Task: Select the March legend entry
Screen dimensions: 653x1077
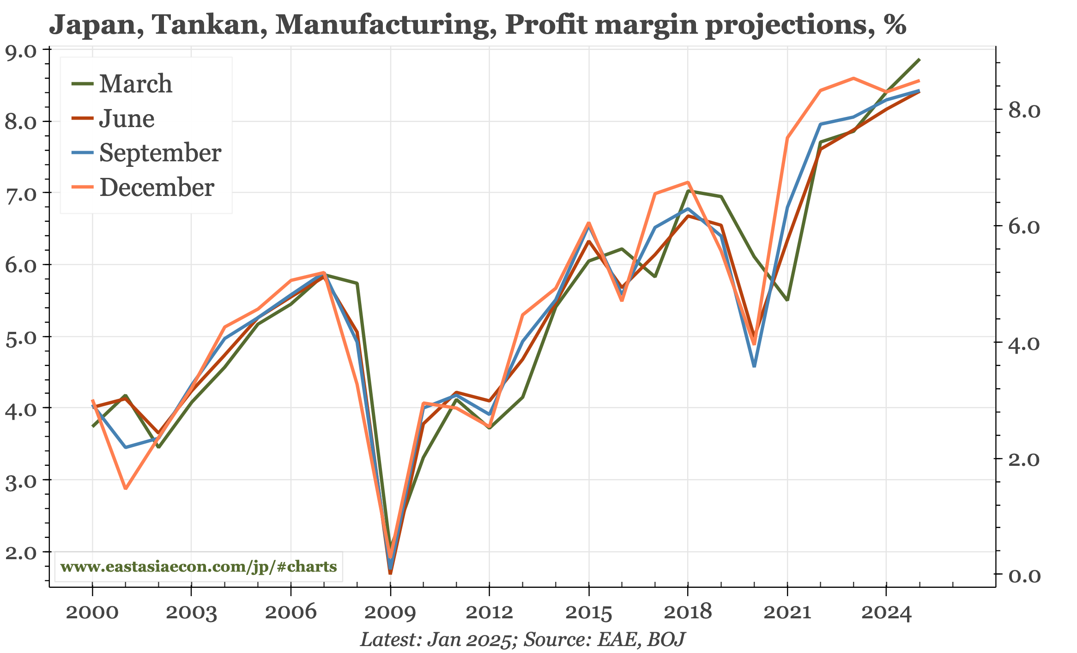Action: pyautogui.click(x=135, y=84)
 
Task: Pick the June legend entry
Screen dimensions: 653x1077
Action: pyautogui.click(x=127, y=119)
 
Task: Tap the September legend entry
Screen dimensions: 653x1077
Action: pyautogui.click(x=160, y=153)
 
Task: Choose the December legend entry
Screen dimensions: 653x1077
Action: pyautogui.click(x=157, y=188)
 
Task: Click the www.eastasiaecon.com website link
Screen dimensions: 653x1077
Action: pyautogui.click(x=199, y=567)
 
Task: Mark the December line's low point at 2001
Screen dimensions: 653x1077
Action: pyautogui.click(x=126, y=488)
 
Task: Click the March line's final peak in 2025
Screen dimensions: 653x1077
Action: pyautogui.click(x=919, y=60)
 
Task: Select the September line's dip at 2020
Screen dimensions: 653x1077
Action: pyautogui.click(x=754, y=366)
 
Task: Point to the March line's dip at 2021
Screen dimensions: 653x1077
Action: pyautogui.click(x=787, y=300)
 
